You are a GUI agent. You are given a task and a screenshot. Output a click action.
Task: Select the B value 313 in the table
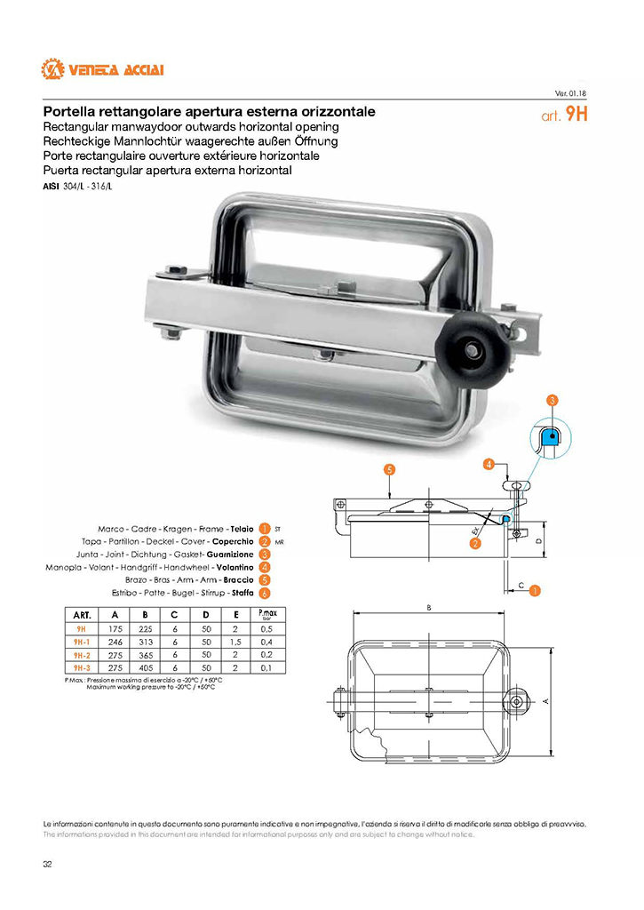[x=145, y=641]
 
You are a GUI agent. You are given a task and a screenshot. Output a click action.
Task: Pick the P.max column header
[x=265, y=614]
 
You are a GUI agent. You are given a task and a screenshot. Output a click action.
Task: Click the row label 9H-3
[x=80, y=667]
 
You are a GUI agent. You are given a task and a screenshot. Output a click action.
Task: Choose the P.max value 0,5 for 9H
[x=265, y=627]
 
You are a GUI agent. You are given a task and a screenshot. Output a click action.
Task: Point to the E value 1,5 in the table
[x=235, y=641]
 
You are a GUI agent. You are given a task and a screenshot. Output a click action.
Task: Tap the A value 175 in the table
[x=115, y=627]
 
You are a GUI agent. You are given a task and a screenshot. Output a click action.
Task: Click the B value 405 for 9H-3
[x=145, y=667]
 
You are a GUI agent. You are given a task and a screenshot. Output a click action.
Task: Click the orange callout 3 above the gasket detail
[x=552, y=401]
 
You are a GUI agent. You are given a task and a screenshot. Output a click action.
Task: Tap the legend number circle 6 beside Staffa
[x=265, y=593]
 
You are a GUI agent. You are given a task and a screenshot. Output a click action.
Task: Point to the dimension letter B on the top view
[x=428, y=608]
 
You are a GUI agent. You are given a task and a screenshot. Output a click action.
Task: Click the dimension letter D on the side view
[x=539, y=539]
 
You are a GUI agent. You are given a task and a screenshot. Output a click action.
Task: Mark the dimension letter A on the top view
[x=545, y=700]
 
